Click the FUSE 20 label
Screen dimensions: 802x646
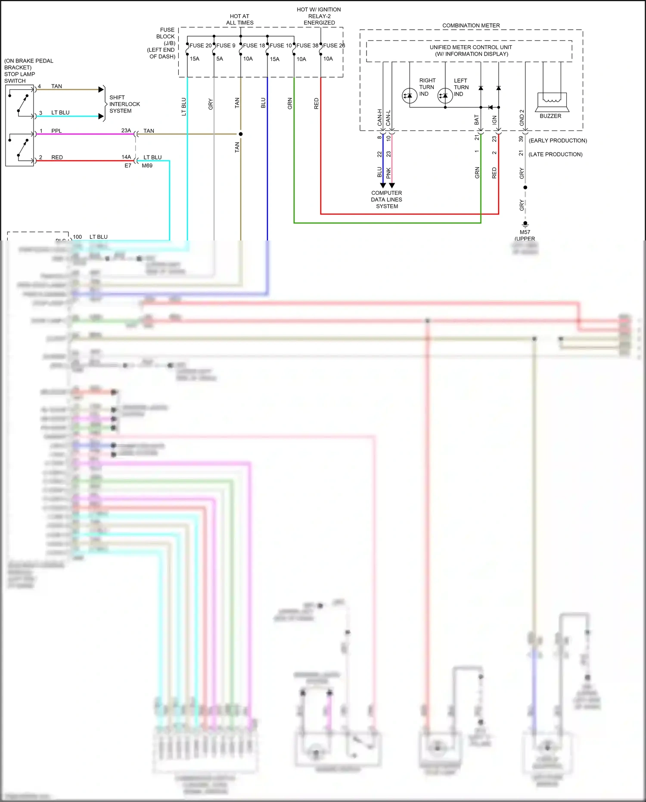click(200, 45)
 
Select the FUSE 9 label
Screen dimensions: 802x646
click(226, 45)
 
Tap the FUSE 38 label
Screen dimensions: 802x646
click(307, 45)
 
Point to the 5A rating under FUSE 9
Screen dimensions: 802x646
click(220, 59)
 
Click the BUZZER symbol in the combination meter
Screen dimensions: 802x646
click(552, 102)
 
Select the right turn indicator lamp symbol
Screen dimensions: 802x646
click(409, 96)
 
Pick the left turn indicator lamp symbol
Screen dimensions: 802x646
click(445, 96)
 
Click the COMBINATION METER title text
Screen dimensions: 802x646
click(471, 25)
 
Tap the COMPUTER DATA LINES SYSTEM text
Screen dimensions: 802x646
click(387, 200)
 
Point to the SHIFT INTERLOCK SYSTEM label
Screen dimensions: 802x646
click(124, 104)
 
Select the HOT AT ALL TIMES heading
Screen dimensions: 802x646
click(239, 19)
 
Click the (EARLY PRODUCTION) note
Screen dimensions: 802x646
click(558, 140)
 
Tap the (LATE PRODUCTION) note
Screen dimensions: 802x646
click(555, 154)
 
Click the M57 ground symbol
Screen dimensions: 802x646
click(525, 225)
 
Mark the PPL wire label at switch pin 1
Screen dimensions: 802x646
click(56, 131)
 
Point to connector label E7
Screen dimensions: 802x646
click(128, 165)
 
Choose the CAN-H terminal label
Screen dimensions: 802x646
click(380, 117)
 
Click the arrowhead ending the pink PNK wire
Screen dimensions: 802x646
click(391, 185)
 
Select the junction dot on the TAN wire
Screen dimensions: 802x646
click(241, 134)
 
